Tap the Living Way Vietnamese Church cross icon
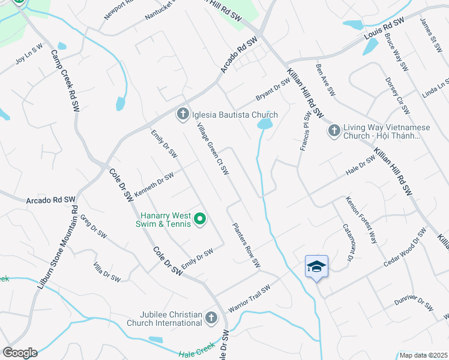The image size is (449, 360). pos(334,130)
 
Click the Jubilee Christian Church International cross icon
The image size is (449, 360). pos(211,318)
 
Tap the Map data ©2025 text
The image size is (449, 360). pos(423,355)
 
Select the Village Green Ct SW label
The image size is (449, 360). pos(213,149)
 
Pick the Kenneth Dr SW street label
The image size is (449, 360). pos(154,184)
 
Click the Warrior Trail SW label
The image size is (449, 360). pos(250,298)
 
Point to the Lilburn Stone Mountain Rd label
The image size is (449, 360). pos(58,247)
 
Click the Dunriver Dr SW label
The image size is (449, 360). pos(414,298)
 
